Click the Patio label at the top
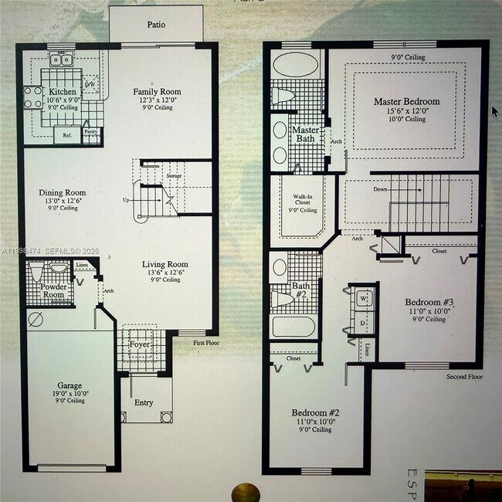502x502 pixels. point(156,25)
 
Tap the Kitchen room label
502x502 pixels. point(63,92)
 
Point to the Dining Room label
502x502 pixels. point(63,193)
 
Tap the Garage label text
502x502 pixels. point(70,385)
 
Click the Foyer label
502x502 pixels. point(140,344)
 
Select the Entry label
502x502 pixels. point(144,402)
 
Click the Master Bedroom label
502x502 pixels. point(406,102)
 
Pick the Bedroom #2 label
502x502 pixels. point(315,413)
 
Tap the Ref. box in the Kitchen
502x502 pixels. point(66,135)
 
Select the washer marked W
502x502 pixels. point(363,297)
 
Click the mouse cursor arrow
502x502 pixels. point(495,110)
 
